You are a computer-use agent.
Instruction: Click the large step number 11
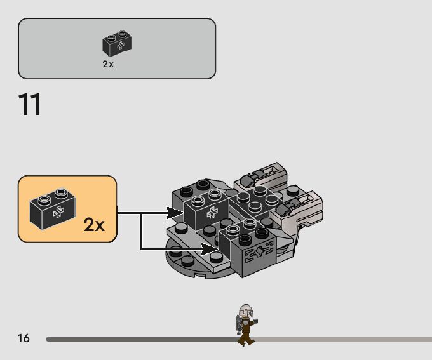[30, 105]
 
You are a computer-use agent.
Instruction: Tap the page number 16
[24, 338]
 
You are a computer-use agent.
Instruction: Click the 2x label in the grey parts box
[108, 64]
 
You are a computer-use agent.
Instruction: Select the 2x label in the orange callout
[94, 224]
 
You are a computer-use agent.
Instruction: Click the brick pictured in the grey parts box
[117, 43]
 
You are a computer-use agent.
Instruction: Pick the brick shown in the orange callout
[53, 208]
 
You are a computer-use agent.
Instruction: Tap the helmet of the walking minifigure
[246, 312]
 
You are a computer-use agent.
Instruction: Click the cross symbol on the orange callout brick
[58, 213]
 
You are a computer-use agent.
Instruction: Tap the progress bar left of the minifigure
[140, 339]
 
